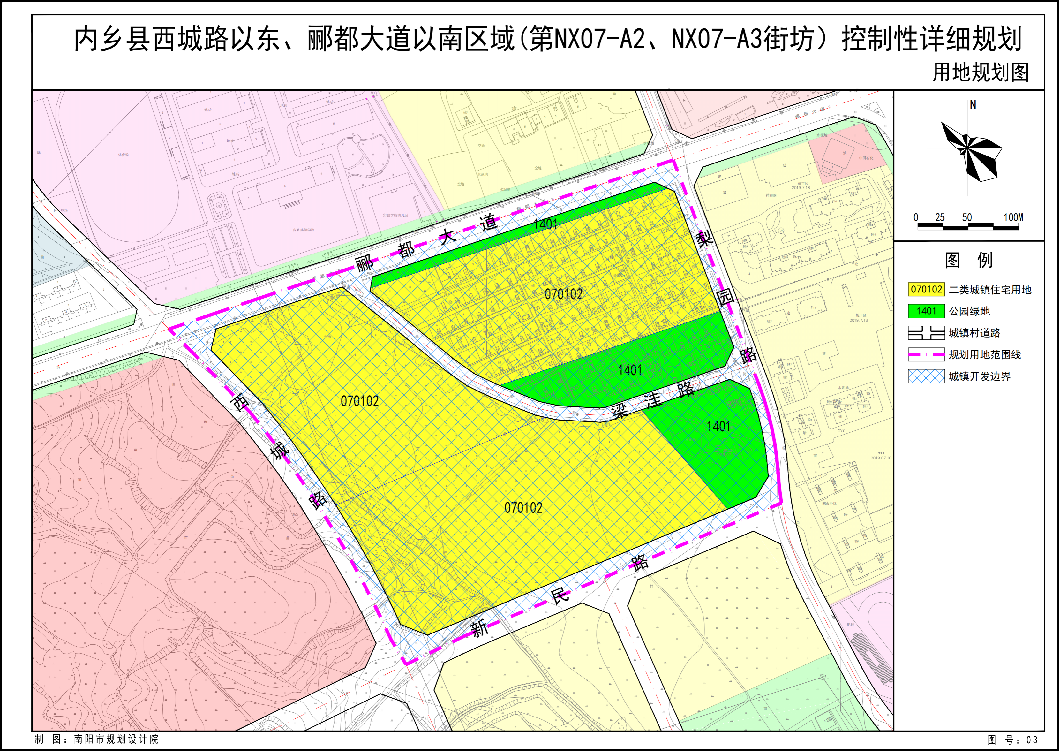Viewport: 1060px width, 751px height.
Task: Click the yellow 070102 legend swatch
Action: click(x=926, y=290)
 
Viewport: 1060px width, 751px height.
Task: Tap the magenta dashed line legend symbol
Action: click(x=926, y=355)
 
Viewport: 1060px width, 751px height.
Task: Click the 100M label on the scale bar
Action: click(x=1013, y=217)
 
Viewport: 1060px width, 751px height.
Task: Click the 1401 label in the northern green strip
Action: click(x=545, y=224)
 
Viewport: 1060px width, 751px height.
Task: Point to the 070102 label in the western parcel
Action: click(x=360, y=401)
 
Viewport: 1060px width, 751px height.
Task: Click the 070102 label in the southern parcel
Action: click(x=523, y=508)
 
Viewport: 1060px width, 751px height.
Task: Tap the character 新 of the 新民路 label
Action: click(x=479, y=628)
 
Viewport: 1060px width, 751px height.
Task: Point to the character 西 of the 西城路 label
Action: click(x=240, y=402)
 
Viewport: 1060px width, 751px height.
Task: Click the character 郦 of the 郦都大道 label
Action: click(x=365, y=264)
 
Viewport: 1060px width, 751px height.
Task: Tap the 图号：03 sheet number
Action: click(x=1012, y=740)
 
